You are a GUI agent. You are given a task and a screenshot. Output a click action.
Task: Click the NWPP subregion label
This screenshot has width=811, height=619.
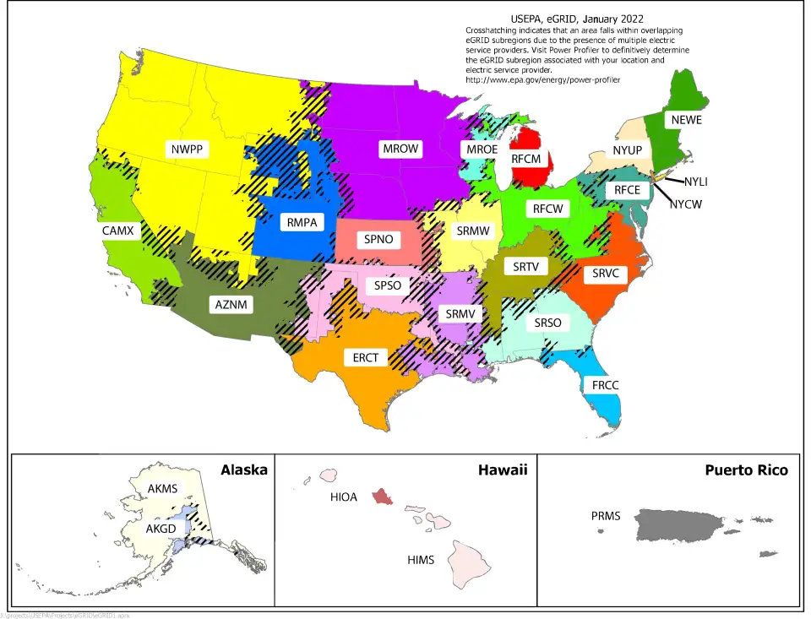coord(188,150)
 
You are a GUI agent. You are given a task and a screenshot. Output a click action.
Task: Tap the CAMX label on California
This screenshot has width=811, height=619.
coord(117,230)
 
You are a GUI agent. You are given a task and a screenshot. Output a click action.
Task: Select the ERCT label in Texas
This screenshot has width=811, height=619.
coord(366,358)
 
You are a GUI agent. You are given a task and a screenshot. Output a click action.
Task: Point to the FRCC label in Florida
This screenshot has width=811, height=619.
coord(605,385)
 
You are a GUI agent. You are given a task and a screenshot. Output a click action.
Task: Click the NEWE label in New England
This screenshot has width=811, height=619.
coord(685,120)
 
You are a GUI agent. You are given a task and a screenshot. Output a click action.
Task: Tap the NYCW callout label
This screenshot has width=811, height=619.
coord(685,204)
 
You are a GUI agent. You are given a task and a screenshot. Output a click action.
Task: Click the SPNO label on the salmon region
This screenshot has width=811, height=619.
coord(378,239)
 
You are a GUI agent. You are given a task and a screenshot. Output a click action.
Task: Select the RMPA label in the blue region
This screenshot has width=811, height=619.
coord(302,223)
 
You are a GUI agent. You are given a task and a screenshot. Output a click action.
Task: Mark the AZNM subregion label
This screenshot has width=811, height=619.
coord(230,305)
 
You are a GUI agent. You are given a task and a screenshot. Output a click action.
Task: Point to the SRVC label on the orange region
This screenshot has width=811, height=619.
coord(606,274)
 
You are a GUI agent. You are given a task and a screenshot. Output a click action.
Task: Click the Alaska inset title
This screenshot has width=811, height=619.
coord(243,470)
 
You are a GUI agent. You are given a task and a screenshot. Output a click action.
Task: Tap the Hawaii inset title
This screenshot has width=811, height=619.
coord(503,470)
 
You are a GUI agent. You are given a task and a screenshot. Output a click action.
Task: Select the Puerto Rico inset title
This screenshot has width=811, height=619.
coord(746,470)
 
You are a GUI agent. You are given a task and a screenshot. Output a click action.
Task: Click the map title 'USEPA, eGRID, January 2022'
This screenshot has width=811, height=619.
coord(577,18)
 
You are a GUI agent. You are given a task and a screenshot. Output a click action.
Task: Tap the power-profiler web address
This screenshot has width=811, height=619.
coord(542,79)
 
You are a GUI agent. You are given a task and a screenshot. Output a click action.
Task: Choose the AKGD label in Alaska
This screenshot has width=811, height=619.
coord(161,529)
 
